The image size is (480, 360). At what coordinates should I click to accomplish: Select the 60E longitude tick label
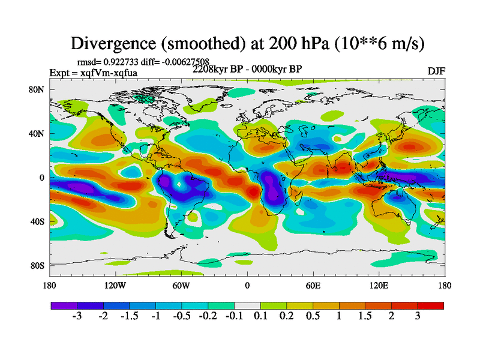click(313, 286)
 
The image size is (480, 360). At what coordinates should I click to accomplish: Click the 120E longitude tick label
click(379, 286)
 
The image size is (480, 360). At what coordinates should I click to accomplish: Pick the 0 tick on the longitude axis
click(247, 286)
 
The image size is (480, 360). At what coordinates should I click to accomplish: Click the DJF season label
click(436, 71)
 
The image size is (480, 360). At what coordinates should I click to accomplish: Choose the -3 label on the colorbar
click(77, 317)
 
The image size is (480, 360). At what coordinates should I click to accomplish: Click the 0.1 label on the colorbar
click(260, 317)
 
